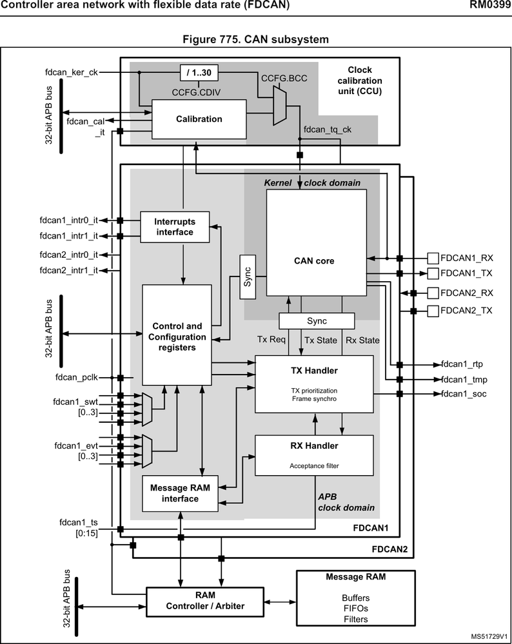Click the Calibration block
(199, 119)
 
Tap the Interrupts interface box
(175, 227)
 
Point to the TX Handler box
(314, 384)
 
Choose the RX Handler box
(314, 455)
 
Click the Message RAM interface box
(180, 493)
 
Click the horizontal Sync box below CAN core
(317, 320)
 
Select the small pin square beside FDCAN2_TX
(433, 311)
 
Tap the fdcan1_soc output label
(464, 394)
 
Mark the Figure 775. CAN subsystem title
(256, 39)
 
